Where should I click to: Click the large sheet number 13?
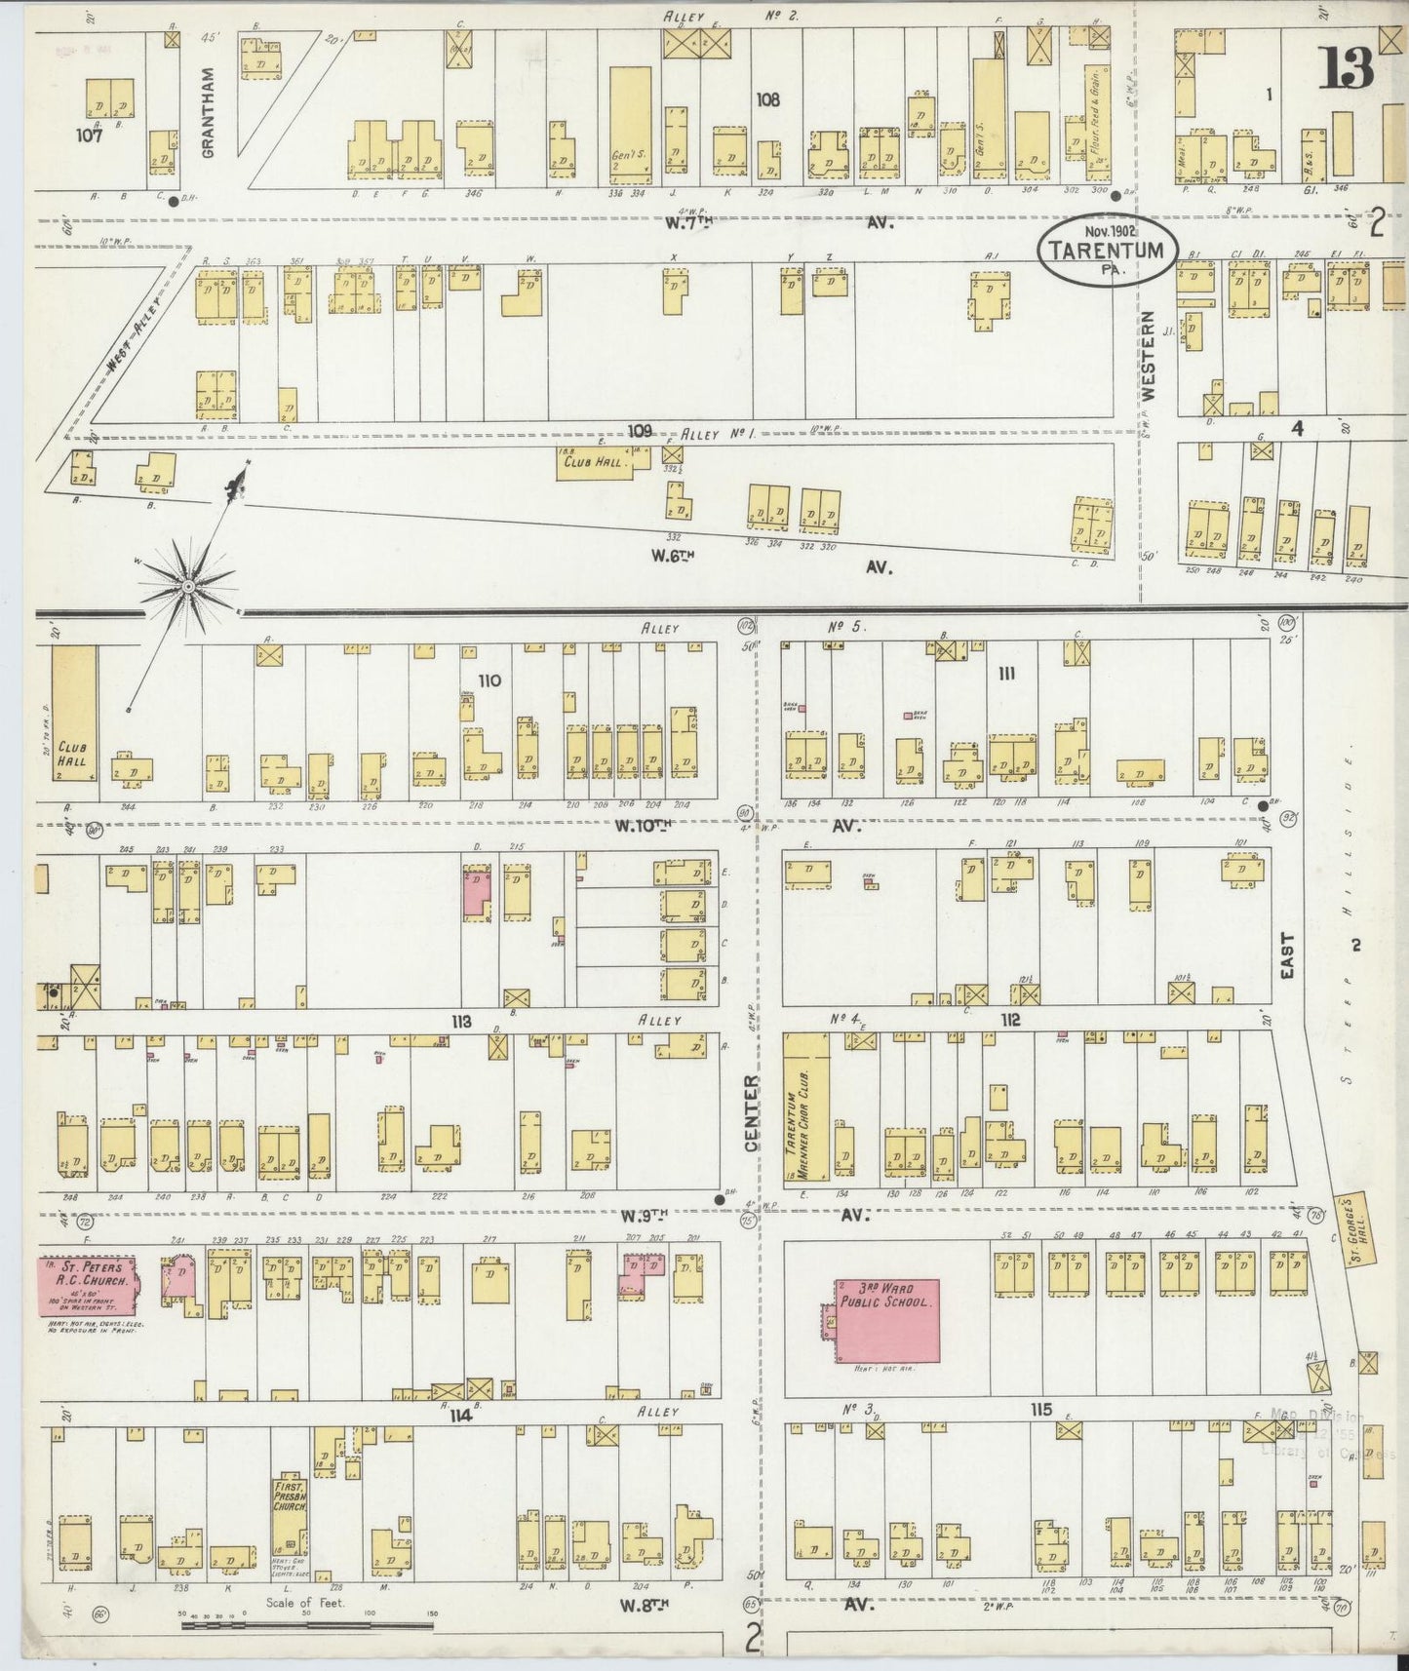click(x=1349, y=67)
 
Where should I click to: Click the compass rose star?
click(x=187, y=587)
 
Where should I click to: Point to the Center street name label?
click(x=751, y=1113)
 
